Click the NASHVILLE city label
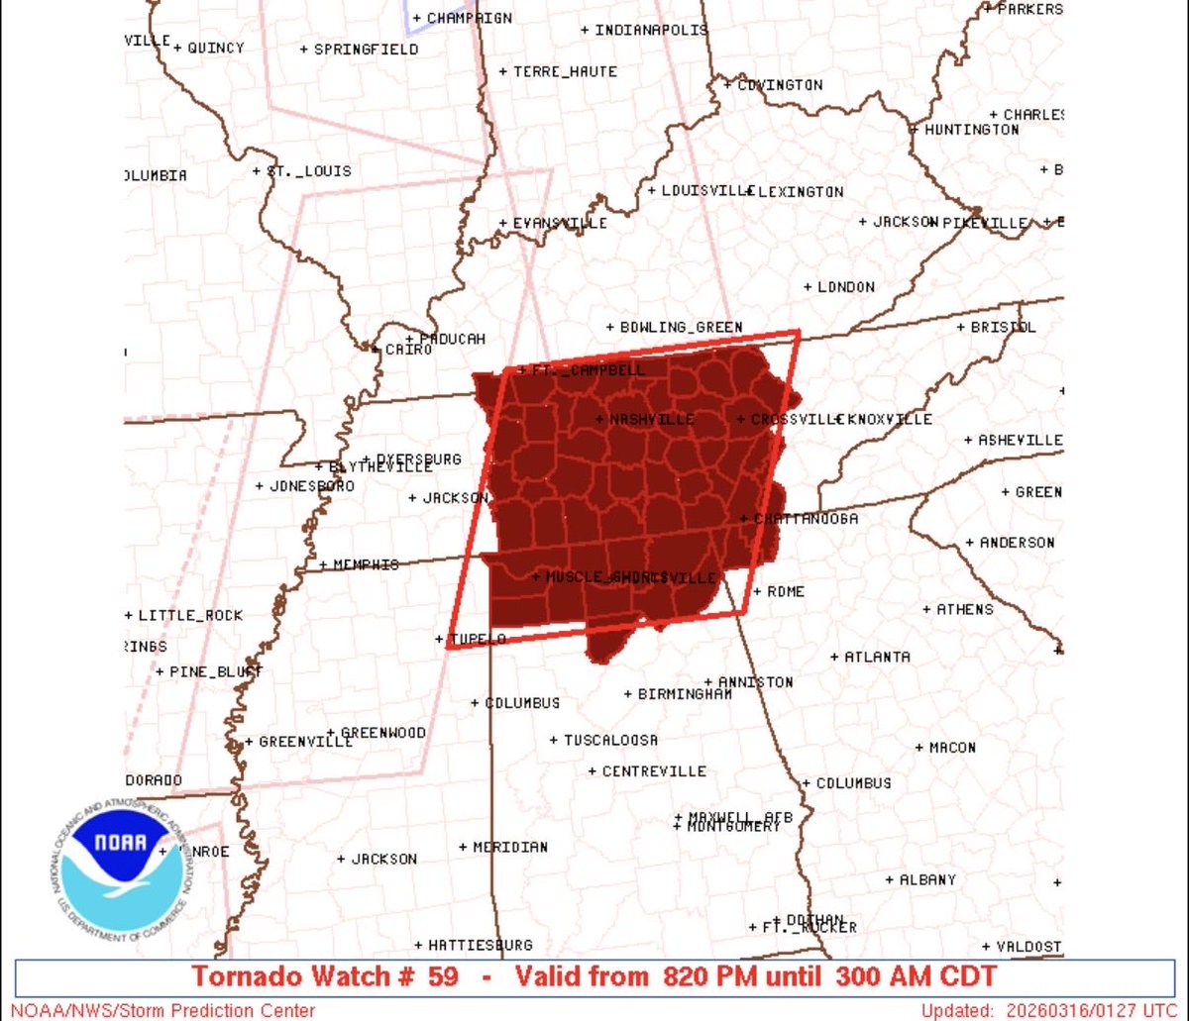[651, 420]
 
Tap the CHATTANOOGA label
[805, 519]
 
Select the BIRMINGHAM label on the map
[684, 694]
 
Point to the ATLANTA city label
[877, 657]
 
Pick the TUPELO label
[478, 639]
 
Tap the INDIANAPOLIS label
[651, 30]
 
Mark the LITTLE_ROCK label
[189, 615]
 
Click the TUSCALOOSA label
[610, 740]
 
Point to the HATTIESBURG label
[480, 945]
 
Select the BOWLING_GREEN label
[680, 328]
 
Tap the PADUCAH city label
[452, 339]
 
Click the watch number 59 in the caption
[443, 976]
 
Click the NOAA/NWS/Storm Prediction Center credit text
[163, 1011]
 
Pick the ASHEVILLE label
[1020, 440]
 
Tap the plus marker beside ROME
[757, 591]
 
